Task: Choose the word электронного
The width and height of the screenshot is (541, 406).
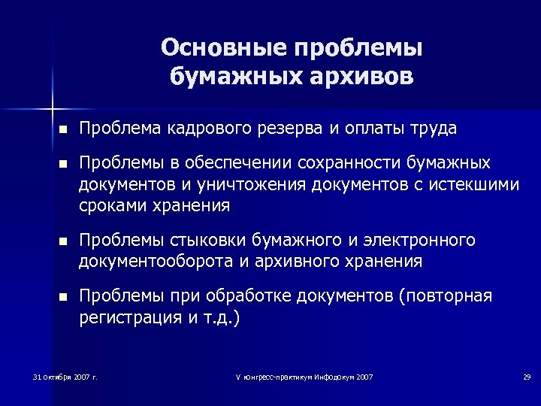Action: click(419, 240)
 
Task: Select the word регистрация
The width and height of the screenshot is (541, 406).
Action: click(128, 317)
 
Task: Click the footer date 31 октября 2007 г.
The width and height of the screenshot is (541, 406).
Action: click(66, 376)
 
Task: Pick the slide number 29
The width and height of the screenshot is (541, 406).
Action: click(527, 376)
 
